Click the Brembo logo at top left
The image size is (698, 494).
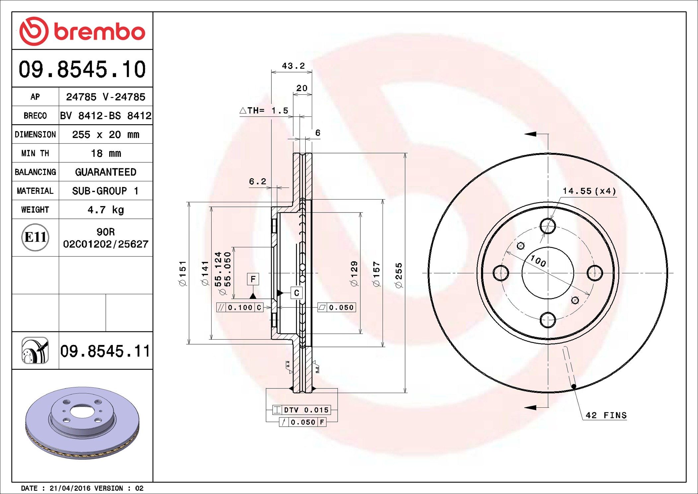(82, 31)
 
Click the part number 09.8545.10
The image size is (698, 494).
(82, 69)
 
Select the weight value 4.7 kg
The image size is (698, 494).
(105, 209)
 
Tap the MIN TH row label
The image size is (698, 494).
(35, 153)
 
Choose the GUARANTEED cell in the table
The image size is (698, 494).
(105, 172)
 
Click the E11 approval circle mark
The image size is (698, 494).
(35, 237)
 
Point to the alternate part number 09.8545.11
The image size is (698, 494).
(105, 351)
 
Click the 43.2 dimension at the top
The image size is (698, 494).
(293, 66)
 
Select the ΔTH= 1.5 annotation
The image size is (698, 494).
(264, 111)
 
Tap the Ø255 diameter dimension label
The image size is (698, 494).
(398, 275)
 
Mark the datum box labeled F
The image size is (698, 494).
(253, 279)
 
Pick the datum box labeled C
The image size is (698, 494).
(296, 293)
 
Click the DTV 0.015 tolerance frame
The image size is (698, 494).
(302, 410)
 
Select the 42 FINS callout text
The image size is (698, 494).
(606, 415)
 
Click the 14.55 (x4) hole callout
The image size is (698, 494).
(589, 191)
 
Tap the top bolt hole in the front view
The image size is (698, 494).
(547, 226)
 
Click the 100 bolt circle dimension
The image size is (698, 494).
(538, 261)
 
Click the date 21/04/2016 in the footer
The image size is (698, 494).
(70, 488)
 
